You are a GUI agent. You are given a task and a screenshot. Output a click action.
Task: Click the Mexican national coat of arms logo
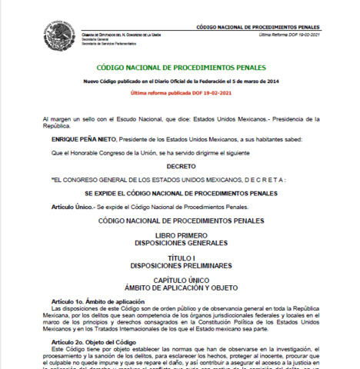(58, 35)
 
